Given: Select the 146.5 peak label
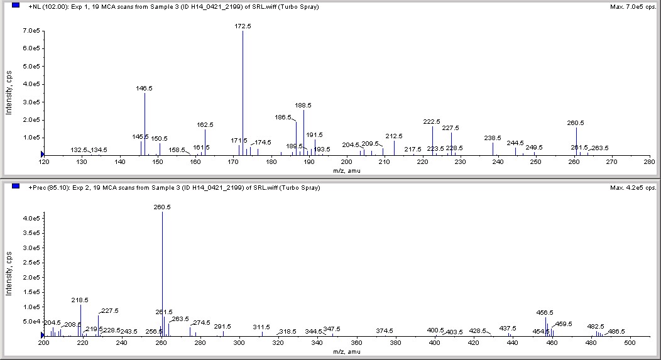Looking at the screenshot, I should click(145, 89).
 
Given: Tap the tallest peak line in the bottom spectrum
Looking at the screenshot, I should click(163, 270).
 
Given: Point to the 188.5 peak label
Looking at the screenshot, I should click(303, 106).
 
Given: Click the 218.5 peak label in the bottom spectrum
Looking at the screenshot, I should click(80, 300).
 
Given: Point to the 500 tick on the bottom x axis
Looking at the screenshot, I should click(631, 343).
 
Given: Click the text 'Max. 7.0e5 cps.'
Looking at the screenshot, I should click(632, 6).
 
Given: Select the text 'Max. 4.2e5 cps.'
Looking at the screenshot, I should click(632, 188).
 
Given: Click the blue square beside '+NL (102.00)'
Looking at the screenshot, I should click(16, 6).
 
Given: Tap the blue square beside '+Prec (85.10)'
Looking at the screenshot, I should click(16, 187).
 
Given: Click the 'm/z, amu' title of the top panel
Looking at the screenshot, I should click(346, 170).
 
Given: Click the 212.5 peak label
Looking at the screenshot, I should click(394, 136).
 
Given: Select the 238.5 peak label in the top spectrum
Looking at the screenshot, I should click(493, 138).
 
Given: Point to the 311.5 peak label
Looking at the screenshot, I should click(261, 327).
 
